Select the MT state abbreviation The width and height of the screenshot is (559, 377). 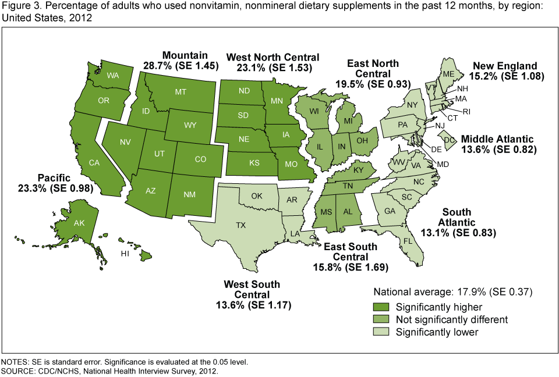(x=181, y=91)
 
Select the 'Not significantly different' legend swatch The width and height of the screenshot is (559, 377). (x=381, y=320)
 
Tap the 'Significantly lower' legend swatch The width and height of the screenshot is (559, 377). (x=381, y=332)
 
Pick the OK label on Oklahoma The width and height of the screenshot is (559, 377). (x=257, y=196)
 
